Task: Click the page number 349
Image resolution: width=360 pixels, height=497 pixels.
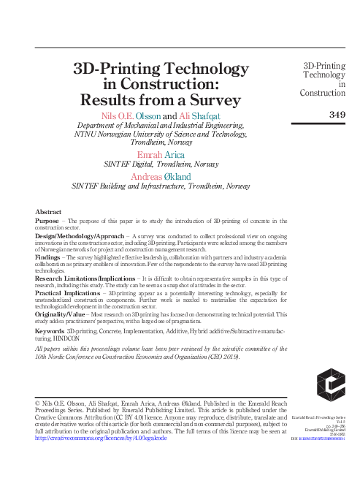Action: coord(337,114)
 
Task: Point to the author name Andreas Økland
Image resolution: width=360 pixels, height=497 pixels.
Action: coord(162,176)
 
